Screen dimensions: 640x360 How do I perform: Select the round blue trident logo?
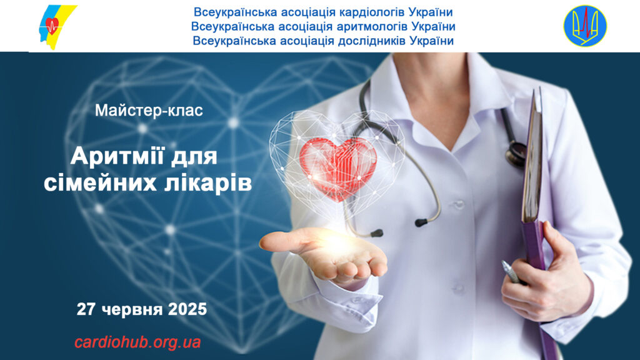click(x=585, y=26)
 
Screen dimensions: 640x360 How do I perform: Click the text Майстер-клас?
click(x=149, y=111)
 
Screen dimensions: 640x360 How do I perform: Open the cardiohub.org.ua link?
click(x=137, y=342)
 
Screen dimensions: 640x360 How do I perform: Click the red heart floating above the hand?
click(x=338, y=168)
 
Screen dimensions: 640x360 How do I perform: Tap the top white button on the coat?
click(x=458, y=204)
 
